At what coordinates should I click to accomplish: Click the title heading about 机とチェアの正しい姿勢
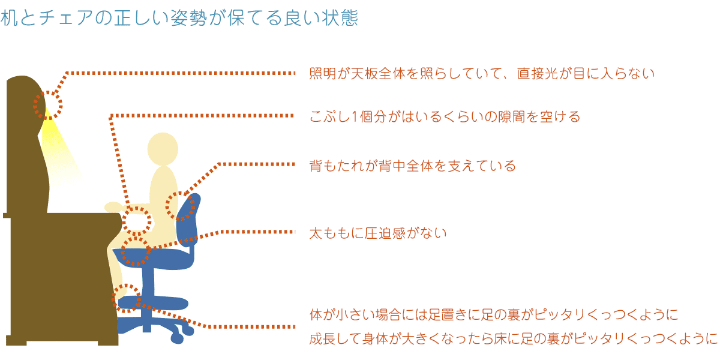click(179, 17)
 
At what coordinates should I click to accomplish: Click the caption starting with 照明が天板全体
click(481, 73)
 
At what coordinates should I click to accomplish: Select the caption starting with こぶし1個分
click(445, 116)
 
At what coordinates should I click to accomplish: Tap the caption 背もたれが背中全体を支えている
click(412, 166)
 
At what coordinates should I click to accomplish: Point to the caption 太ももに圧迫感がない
click(378, 233)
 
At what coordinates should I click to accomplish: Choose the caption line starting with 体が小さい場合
click(494, 314)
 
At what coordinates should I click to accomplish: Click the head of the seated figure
click(163, 149)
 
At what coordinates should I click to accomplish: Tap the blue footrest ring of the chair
click(154, 303)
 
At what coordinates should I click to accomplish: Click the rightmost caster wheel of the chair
click(187, 331)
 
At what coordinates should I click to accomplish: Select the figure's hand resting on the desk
click(113, 207)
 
